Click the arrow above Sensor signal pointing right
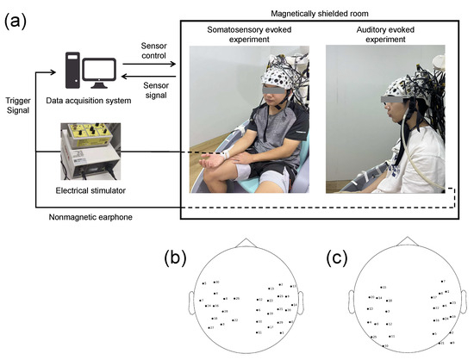[153, 64]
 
